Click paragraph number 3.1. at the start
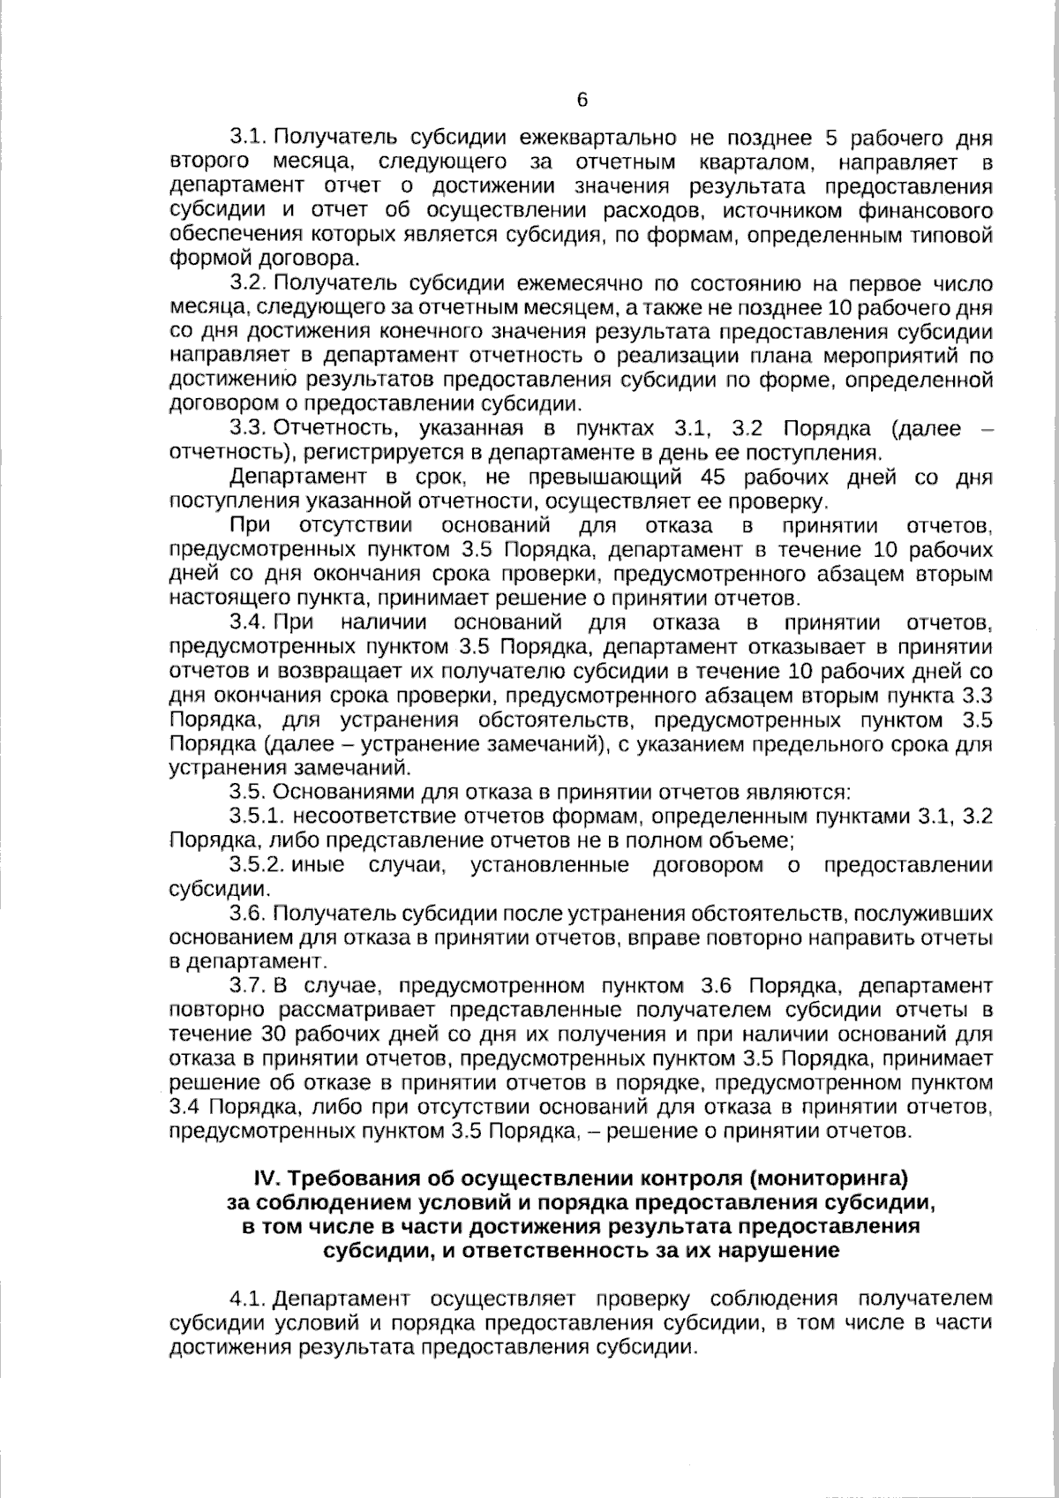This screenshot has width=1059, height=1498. pos(249,138)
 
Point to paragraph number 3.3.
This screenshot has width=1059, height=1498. pos(249,429)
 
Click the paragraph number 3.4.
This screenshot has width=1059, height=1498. pos(249,624)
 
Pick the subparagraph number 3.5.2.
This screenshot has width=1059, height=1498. pos(258,865)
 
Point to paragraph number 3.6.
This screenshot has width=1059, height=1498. pos(249,914)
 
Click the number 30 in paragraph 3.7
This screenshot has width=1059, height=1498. pos(277,1034)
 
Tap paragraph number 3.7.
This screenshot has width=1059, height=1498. pos(249,985)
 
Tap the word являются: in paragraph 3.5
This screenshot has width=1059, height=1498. pos(802,792)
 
